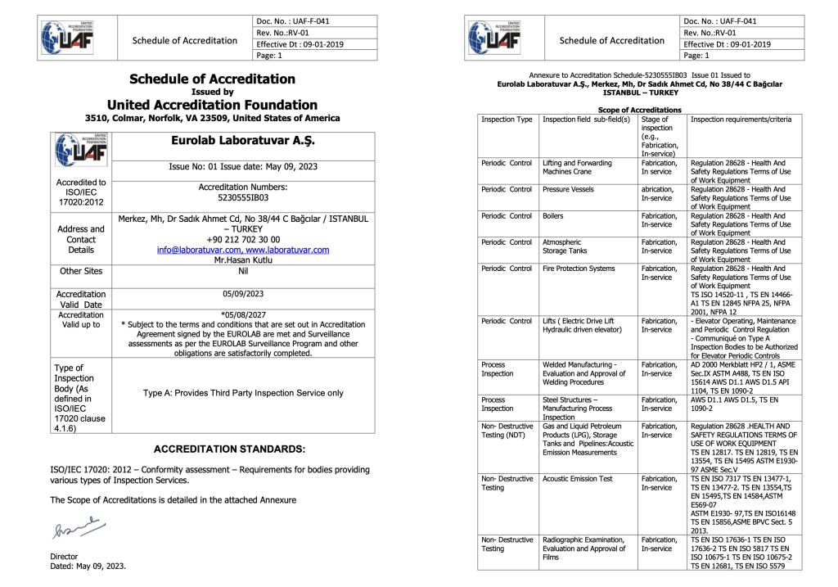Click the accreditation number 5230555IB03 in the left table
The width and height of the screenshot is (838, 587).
(x=243, y=197)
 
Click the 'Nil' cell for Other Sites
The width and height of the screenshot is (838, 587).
(x=243, y=273)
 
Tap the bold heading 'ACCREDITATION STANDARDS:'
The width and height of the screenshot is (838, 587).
(x=230, y=449)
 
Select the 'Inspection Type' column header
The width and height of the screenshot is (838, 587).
(x=507, y=120)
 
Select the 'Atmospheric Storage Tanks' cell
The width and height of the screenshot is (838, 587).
(x=566, y=246)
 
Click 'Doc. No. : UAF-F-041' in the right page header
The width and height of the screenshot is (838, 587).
(x=719, y=20)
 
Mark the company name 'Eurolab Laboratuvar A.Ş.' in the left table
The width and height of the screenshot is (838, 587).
(x=243, y=141)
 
